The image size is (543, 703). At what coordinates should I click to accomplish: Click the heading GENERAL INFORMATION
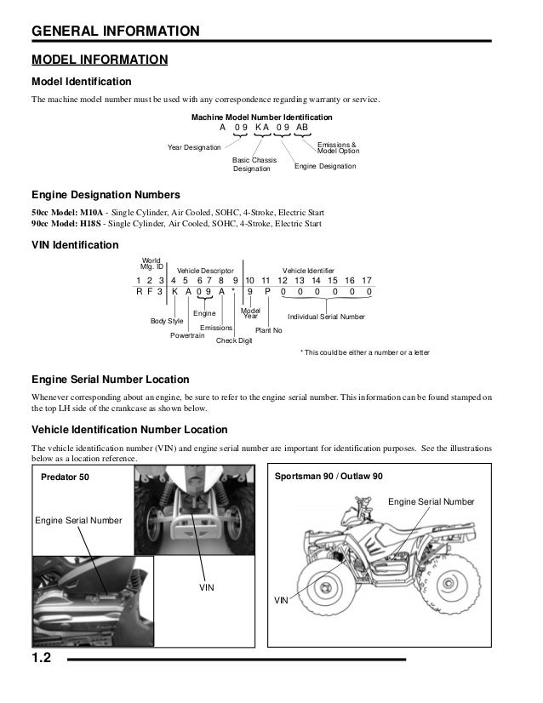pos(115,32)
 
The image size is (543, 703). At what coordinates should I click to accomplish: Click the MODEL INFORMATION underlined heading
pos(99,60)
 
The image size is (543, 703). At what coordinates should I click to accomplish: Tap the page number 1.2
pos(45,658)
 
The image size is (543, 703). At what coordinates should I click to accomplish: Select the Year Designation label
pos(195,147)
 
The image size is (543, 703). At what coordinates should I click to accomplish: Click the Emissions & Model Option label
pos(337,147)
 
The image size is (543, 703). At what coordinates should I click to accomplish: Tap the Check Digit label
pos(234,340)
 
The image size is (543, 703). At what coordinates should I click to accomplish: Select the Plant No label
pos(269,329)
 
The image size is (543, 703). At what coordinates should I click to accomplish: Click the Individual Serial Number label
pos(327,317)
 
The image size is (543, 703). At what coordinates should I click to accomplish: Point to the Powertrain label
pos(187,335)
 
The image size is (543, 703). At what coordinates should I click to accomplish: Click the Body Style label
pos(167,321)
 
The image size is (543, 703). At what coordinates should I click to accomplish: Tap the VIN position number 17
pos(367,280)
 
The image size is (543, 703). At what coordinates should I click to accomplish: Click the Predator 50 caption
pos(65,477)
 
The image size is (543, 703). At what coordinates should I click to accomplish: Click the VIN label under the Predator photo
pos(205,587)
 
